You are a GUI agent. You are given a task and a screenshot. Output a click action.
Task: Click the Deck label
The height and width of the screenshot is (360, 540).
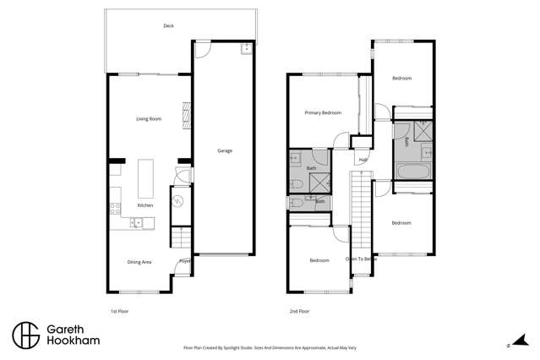click(168, 26)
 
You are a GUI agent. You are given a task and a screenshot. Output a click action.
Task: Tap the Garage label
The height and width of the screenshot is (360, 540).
click(224, 151)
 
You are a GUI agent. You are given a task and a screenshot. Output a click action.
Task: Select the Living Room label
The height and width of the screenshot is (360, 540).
click(149, 119)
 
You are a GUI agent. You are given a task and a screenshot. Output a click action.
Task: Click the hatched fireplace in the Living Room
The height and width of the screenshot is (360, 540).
click(186, 113)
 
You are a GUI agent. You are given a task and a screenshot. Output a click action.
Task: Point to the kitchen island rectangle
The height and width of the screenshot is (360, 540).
click(145, 178)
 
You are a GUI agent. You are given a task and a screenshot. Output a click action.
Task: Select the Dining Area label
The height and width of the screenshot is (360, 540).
click(139, 263)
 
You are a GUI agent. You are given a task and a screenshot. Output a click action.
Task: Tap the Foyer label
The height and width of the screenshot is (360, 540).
click(184, 262)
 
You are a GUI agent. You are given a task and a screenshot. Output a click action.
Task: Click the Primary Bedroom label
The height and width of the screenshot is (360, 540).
click(323, 112)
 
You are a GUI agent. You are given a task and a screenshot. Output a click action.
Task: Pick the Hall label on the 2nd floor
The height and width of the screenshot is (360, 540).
click(363, 160)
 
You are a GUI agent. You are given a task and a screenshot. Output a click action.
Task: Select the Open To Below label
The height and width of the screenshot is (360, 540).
click(359, 259)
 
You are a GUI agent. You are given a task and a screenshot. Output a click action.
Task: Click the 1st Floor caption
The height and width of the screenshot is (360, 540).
click(119, 312)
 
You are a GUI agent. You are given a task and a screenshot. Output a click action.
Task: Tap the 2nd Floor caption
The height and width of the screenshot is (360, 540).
click(299, 312)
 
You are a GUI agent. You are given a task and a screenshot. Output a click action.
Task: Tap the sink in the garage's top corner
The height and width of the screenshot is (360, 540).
click(246, 47)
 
